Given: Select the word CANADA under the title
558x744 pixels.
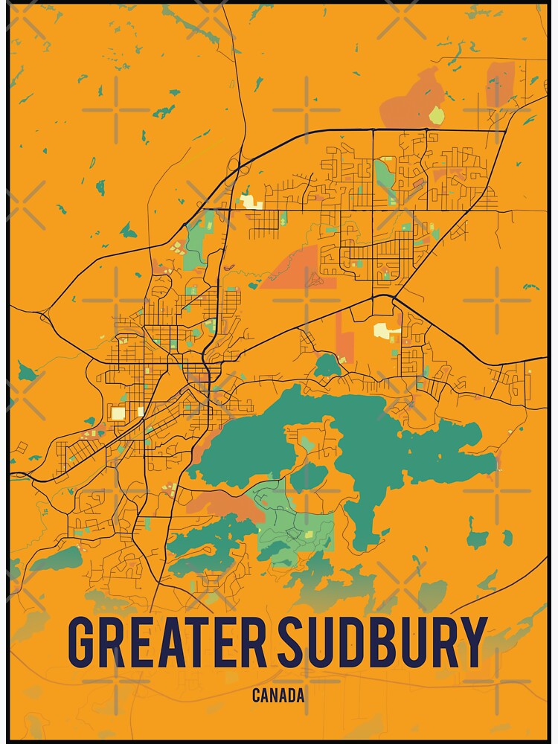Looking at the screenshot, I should (278, 696).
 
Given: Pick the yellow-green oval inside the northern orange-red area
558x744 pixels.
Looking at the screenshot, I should (436, 115).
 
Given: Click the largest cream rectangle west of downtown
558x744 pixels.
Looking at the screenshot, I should (118, 413).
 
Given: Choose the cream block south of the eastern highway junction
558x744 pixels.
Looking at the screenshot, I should (386, 330).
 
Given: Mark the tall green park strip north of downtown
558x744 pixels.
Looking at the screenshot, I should (197, 238).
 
